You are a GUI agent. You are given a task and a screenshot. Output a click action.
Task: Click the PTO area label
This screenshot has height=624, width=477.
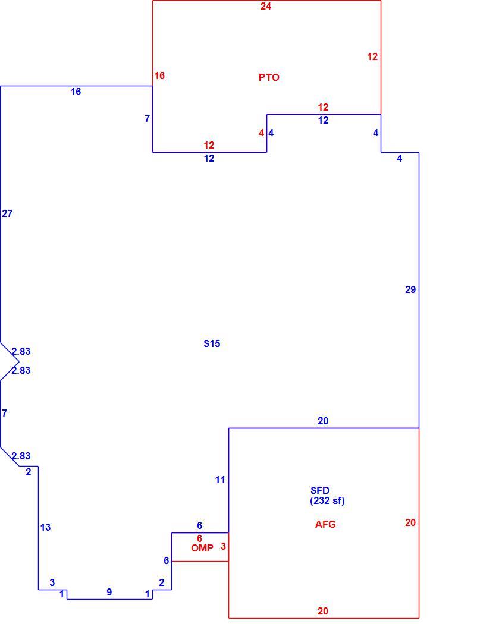coord(269,77)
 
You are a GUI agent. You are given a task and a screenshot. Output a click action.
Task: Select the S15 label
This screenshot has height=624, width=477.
coord(211,343)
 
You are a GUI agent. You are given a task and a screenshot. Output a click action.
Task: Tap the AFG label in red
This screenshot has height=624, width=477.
coord(325,524)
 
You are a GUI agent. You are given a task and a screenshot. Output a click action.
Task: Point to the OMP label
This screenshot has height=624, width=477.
coord(202,548)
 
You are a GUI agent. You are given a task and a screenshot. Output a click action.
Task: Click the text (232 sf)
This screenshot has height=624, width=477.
coord(327,500)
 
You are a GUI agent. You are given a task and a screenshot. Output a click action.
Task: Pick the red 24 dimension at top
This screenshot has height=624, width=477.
coord(266,6)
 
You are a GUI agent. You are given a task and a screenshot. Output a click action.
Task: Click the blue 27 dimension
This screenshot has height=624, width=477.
coord(7,214)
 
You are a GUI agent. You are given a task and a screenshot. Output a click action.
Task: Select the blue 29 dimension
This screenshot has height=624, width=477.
coord(410,290)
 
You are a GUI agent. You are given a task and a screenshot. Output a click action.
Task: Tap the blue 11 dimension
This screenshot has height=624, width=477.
coord(220,480)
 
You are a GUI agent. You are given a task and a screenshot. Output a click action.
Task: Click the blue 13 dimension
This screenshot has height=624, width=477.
coord(45,527)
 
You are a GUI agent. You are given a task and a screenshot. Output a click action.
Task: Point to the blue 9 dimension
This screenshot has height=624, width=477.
coord(109,592)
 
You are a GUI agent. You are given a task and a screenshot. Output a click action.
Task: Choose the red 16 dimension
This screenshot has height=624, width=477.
coord(159,75)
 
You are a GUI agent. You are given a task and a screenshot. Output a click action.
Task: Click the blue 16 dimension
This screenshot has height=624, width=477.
coord(76,92)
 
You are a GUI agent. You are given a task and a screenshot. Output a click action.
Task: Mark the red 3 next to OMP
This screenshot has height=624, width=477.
coord(224,546)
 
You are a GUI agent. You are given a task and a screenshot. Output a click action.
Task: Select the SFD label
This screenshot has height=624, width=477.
coord(320,491)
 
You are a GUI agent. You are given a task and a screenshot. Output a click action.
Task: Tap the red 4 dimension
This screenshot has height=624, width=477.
coord(261,133)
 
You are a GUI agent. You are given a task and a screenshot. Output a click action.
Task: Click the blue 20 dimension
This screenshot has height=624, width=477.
coord(323,421)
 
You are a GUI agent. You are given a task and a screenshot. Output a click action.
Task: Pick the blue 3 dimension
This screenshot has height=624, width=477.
coord(52,582)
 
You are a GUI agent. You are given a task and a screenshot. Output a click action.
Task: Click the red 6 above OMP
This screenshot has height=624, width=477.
coord(199,539)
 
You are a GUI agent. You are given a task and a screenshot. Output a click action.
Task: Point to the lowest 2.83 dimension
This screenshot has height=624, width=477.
coord(21,456)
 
